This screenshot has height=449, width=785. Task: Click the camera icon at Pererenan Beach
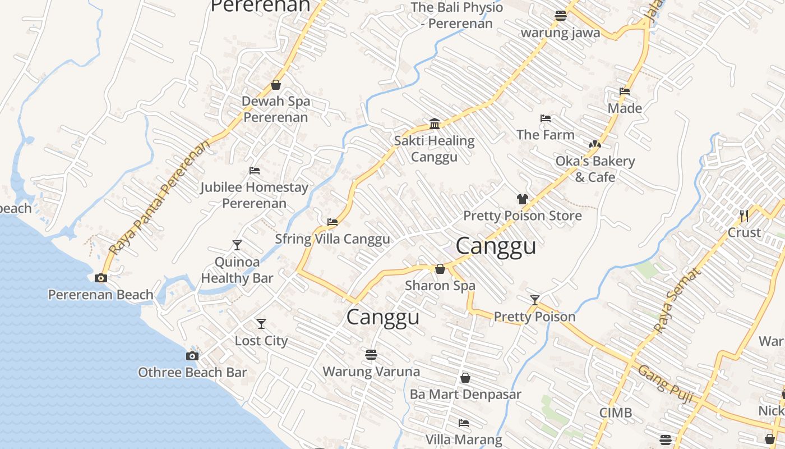(101, 278)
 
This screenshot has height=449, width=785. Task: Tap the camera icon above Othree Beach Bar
(192, 356)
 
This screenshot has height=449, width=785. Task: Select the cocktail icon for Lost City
(261, 324)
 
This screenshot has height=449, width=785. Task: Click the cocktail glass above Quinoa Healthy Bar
(237, 245)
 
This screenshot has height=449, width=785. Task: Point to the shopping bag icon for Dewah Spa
(276, 85)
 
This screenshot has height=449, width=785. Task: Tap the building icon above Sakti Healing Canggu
(435, 123)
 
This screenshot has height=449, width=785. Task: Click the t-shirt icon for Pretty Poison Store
(523, 199)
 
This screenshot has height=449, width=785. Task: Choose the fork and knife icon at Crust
(744, 216)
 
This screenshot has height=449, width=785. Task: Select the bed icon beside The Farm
(546, 118)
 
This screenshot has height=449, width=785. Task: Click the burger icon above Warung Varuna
(371, 354)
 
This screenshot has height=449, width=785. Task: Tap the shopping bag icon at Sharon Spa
(440, 269)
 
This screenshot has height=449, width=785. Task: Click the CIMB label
(616, 413)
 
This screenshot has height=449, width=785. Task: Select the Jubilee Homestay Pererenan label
(255, 195)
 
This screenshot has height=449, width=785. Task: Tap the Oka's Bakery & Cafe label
(595, 169)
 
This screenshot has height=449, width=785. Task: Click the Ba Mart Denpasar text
(465, 395)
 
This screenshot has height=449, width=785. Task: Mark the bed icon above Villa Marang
(464, 423)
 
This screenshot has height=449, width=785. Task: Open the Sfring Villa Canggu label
(333, 239)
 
